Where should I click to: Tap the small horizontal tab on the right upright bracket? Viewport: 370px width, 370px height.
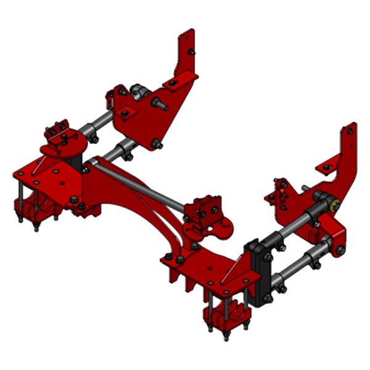327,166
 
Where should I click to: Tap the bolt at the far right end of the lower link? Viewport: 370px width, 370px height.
340,250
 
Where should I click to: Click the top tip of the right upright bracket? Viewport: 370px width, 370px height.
351,128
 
